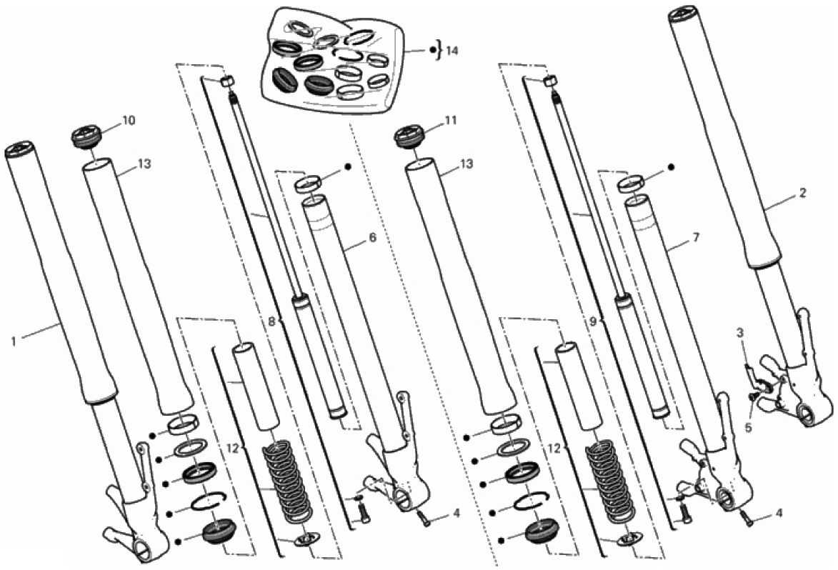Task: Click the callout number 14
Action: [x=452, y=51]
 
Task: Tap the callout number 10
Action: [x=129, y=120]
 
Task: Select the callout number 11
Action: [x=451, y=120]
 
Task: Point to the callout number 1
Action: [x=14, y=340]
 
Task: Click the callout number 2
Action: [x=802, y=194]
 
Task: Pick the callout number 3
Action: [x=740, y=334]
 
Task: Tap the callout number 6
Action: [x=372, y=237]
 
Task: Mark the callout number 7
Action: [x=695, y=237]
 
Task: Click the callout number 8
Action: [x=271, y=322]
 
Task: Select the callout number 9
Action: [x=593, y=322]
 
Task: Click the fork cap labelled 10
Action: [x=86, y=136]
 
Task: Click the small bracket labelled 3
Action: [x=754, y=377]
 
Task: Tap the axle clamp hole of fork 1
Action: [x=145, y=550]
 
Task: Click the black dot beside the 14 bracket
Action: [x=433, y=51]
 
